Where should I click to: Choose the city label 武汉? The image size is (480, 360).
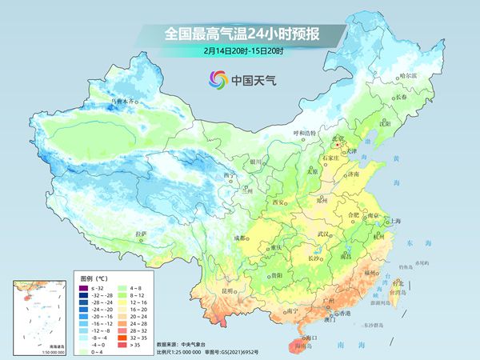pyautogui.click(x=323, y=234)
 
